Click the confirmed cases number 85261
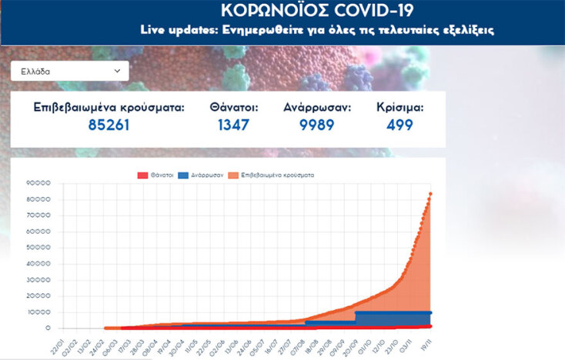[x=109, y=125]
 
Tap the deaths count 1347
[x=233, y=125]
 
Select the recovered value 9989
[x=317, y=125]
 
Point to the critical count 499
[x=400, y=125]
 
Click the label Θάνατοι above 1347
[x=233, y=108]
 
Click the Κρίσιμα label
[x=400, y=108]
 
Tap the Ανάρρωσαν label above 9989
[x=317, y=108]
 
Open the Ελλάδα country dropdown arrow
[x=118, y=71]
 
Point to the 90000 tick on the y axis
[x=38, y=183]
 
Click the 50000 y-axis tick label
[x=38, y=248]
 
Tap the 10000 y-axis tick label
[x=38, y=312]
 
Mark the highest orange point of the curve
[x=430, y=193]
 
